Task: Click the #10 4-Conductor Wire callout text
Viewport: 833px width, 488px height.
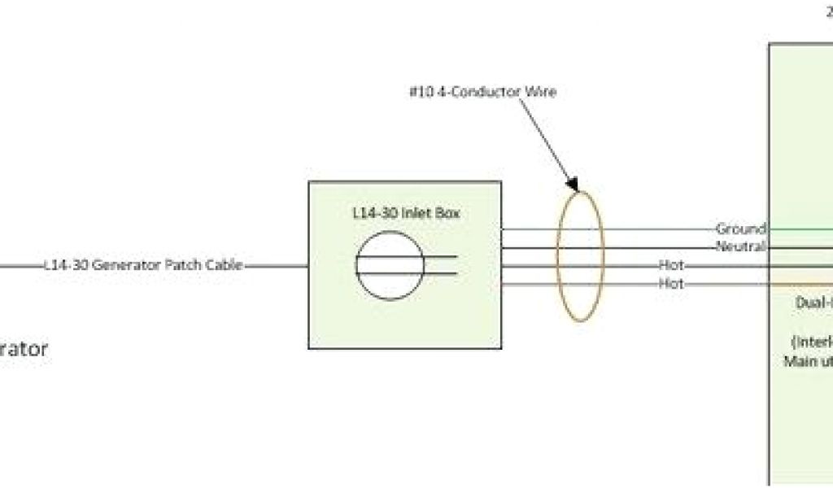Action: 482,92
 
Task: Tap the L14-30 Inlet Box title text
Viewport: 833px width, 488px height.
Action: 403,212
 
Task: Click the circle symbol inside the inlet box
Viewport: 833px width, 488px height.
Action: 390,265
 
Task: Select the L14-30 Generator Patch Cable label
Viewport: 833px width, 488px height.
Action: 143,265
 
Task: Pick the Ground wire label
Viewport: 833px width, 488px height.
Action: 740,229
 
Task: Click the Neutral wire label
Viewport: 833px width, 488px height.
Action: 740,246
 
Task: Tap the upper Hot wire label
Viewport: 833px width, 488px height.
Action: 672,265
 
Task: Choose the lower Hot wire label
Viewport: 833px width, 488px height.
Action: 672,284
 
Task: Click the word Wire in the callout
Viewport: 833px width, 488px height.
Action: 540,92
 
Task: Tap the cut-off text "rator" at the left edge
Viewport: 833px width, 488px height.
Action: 24,350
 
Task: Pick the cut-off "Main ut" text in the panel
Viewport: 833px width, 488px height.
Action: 808,361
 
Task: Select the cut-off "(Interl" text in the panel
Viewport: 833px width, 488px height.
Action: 811,341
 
